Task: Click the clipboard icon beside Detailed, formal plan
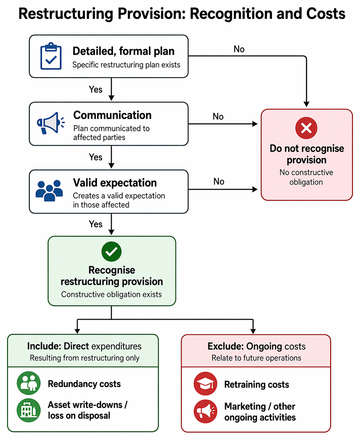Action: [x=51, y=56]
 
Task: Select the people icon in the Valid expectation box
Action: [x=49, y=190]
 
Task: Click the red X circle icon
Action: [x=306, y=128]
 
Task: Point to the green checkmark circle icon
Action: [x=112, y=251]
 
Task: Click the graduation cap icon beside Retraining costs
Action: [x=205, y=384]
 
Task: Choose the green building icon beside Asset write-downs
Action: [x=28, y=410]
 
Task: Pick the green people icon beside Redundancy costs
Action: [x=28, y=383]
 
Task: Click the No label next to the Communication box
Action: [x=218, y=116]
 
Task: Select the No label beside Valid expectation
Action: [x=219, y=182]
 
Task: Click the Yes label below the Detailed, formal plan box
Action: [x=95, y=89]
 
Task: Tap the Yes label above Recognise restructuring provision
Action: [x=95, y=224]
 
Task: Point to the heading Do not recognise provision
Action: [x=307, y=154]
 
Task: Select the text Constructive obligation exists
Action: [x=112, y=294]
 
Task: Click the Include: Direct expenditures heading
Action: [x=84, y=346]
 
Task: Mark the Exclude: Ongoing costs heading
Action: [x=256, y=347]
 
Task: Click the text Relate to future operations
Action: [x=256, y=358]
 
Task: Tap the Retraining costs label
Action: [x=257, y=384]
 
